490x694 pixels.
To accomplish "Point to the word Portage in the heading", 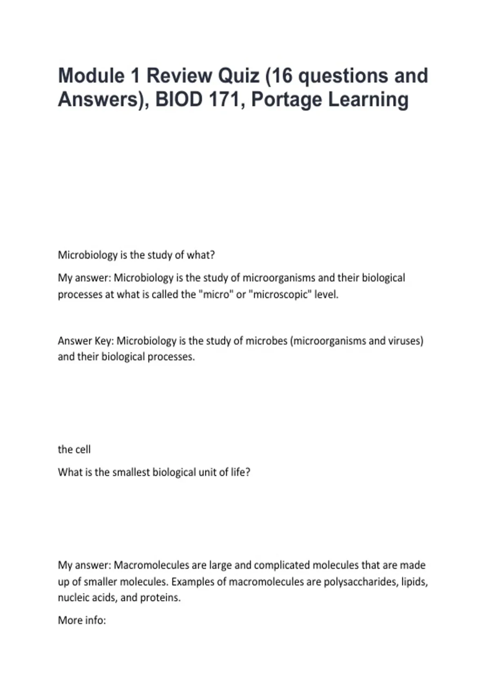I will coord(286,100).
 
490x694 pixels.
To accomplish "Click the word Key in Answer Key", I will coord(102,340).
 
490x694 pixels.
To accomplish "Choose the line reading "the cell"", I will coord(74,449).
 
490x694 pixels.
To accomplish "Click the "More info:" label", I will coord(82,620).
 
